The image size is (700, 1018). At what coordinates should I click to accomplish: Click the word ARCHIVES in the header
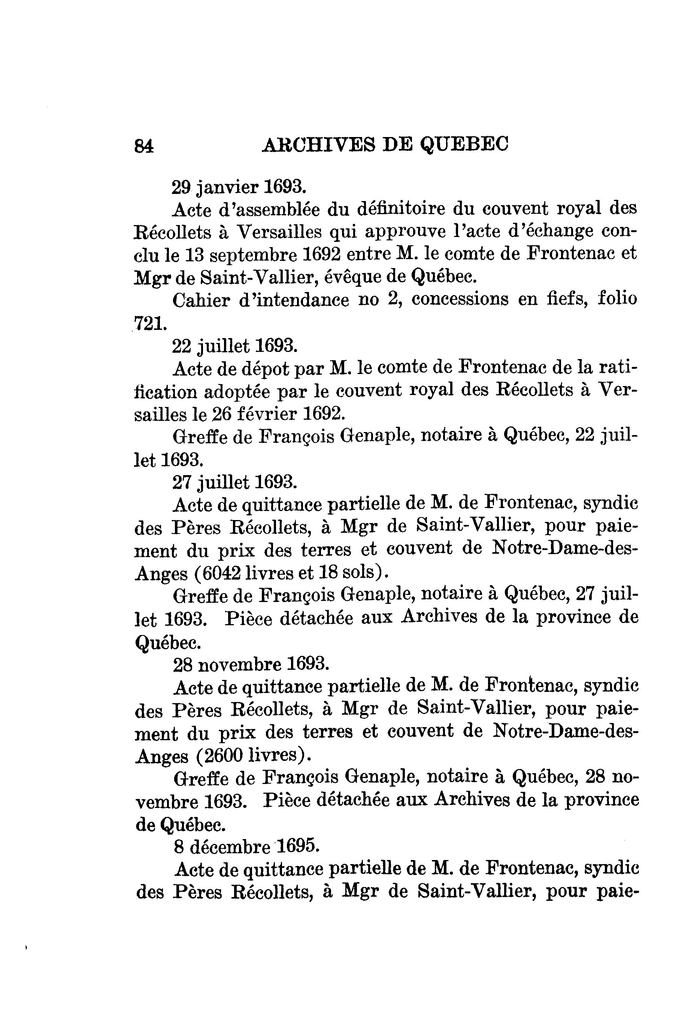point(318,144)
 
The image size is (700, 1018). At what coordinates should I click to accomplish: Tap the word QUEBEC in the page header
point(464,144)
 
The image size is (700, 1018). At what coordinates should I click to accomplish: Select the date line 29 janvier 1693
point(238,187)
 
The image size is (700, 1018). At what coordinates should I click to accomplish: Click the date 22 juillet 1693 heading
point(235,346)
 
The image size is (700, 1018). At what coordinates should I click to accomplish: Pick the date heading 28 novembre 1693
point(251,665)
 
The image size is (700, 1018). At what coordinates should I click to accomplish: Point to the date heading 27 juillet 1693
point(235,482)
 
